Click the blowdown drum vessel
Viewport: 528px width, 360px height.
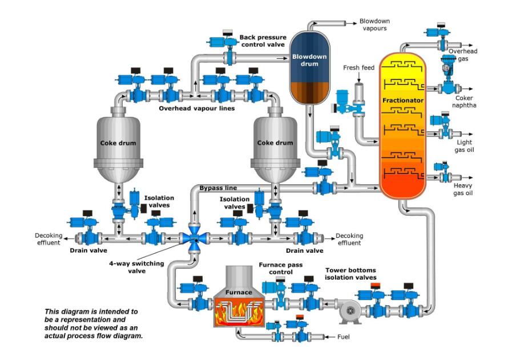coord(309,67)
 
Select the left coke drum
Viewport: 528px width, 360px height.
coord(118,145)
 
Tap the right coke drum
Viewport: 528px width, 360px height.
coord(275,145)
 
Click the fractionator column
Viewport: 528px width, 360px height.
coord(403,126)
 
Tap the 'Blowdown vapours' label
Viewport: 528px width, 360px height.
coord(374,25)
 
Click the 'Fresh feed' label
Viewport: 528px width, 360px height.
coord(358,68)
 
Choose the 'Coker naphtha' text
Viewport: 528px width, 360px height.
coord(463,102)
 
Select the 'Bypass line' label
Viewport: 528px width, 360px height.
coord(218,188)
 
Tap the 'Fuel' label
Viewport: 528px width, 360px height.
coord(343,337)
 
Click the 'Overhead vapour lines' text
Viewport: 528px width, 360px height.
coord(196,108)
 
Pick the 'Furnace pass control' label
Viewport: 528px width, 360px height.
coord(276,269)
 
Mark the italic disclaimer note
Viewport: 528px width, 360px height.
coord(91,324)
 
